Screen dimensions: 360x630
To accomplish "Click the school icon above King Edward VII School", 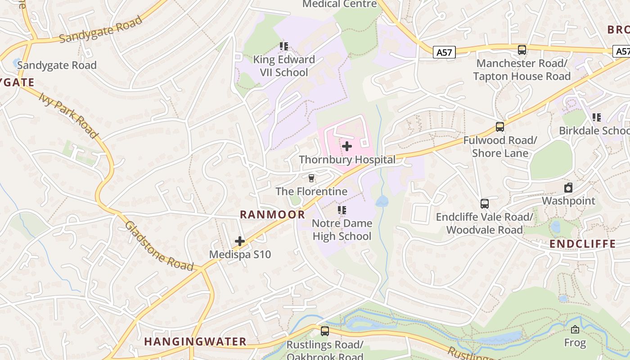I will click(283, 46).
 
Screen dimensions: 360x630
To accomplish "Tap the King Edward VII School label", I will click(283, 66).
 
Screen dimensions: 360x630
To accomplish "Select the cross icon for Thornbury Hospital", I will click(347, 146).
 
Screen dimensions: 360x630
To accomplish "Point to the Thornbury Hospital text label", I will click(347, 160).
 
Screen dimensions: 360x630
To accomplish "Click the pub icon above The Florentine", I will click(311, 178).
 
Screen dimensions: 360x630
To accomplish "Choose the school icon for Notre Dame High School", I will click(342, 210).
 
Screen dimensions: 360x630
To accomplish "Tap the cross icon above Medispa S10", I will click(240, 241).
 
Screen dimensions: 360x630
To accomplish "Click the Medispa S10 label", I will click(240, 255).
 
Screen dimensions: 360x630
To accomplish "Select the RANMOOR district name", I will click(272, 215).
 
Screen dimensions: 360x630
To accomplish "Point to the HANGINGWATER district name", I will click(195, 342).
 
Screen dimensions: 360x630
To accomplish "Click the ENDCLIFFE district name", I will click(583, 244).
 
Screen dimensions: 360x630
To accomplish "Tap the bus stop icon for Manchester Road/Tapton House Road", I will click(522, 50).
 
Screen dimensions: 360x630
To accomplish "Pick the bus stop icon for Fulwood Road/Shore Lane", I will click(500, 127).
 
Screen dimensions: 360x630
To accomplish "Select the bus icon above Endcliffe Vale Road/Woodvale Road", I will click(484, 204).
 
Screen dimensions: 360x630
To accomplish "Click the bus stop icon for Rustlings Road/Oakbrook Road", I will click(325, 331).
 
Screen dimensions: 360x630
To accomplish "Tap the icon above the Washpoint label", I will click(568, 188).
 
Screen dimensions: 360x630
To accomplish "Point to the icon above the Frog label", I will click(575, 329).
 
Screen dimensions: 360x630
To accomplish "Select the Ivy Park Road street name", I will click(68, 115).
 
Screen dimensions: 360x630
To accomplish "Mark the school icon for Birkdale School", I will click(597, 117).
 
